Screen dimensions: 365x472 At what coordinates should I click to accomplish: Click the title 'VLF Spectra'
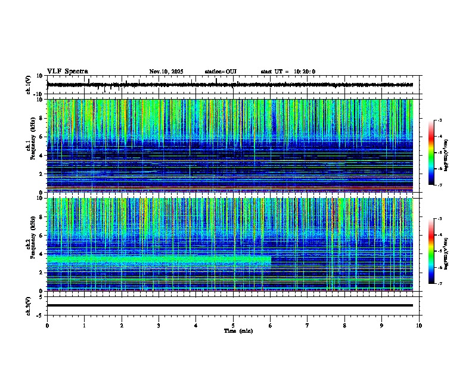pyautogui.click(x=67, y=72)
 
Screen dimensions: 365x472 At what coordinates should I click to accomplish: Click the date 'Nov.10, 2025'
pyautogui.click(x=166, y=72)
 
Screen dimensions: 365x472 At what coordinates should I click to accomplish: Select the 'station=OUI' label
pyautogui.click(x=221, y=72)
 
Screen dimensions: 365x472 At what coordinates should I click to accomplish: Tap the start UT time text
pyautogui.click(x=288, y=72)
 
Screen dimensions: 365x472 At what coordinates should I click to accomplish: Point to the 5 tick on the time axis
pyautogui.click(x=233, y=325)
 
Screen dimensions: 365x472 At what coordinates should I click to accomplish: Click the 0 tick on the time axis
pyautogui.click(x=47, y=325)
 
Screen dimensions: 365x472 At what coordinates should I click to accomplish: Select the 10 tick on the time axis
pyautogui.click(x=419, y=325)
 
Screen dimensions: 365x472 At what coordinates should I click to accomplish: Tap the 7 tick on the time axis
pyautogui.click(x=308, y=325)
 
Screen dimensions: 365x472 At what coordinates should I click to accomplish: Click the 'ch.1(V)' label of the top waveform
pyautogui.click(x=29, y=85)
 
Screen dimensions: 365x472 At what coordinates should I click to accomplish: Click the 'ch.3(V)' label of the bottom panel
pyautogui.click(x=29, y=305)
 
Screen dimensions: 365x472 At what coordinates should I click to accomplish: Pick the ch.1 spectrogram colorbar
pyautogui.click(x=431, y=153)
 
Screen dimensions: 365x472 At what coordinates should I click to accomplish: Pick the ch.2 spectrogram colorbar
pyautogui.click(x=431, y=251)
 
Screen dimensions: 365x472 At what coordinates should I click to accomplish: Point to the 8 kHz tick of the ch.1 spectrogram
pyautogui.click(x=41, y=118)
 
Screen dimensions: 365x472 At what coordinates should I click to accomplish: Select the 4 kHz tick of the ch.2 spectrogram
pyautogui.click(x=41, y=253)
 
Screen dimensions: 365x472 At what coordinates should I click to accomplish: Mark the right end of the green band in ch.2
pyautogui.click(x=271, y=259)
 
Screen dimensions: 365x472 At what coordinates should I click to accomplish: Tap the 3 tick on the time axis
pyautogui.click(x=159, y=325)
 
